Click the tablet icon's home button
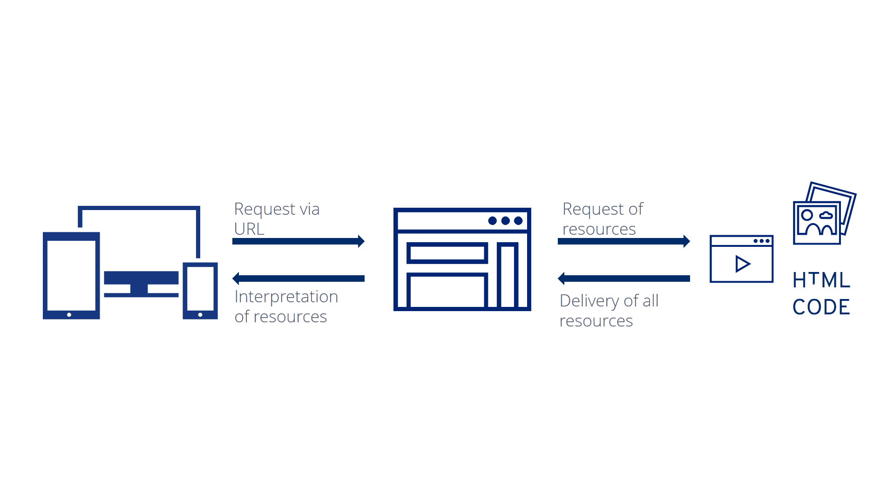point(69,315)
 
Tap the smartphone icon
point(200,291)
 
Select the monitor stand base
point(141,295)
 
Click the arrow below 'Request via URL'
point(298,241)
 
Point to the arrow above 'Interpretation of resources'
point(298,279)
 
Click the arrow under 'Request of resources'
point(624,241)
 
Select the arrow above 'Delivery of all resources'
point(624,279)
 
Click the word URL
point(249,229)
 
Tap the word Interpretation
point(286,297)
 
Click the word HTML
point(821,280)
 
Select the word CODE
point(821,307)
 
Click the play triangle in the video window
point(743,264)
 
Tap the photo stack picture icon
point(825,213)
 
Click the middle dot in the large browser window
point(505,221)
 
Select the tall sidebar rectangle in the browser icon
point(508,276)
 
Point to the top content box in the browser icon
point(447,253)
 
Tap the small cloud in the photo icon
point(826,215)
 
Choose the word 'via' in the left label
point(310,209)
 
